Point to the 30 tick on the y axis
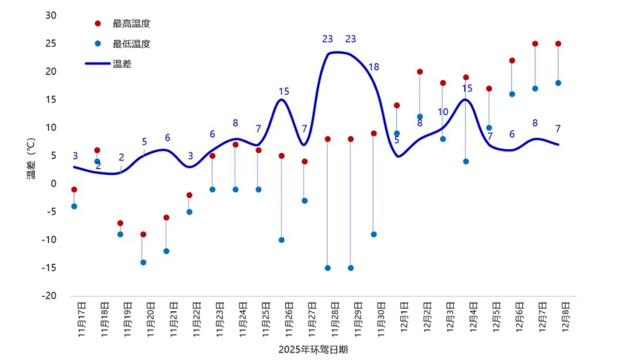coord(51,15)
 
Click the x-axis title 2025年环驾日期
coord(313,349)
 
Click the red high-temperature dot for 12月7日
coord(535,43)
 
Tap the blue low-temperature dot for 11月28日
coord(328,268)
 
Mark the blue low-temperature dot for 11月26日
coord(282,240)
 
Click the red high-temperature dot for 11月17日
coord(74,190)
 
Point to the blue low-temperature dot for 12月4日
coord(466,162)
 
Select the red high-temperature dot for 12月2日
coord(420,72)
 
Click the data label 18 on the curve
coord(373,67)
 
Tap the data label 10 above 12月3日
coord(443,112)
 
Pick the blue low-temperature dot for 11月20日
coord(143,262)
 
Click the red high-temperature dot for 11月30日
coord(374,133)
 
